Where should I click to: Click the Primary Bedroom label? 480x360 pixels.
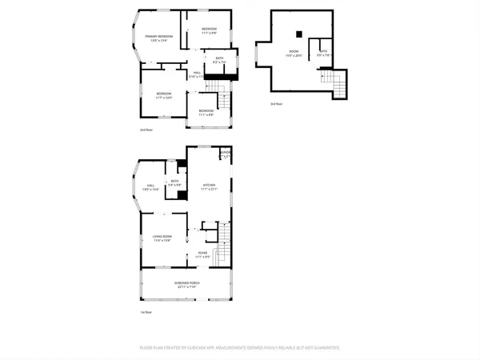coord(159,36)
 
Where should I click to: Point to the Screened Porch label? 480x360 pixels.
coord(187,283)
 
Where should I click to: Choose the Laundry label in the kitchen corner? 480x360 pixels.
coord(226,150)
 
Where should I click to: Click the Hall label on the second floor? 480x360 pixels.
coord(197,72)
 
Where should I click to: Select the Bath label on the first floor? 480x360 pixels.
coord(174,181)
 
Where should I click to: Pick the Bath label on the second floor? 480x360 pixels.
coord(219,58)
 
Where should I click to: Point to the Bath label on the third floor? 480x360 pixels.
coord(323,50)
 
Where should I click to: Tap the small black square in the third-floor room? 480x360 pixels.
coord(298,34)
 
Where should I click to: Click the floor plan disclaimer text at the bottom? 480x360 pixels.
coord(240,348)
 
